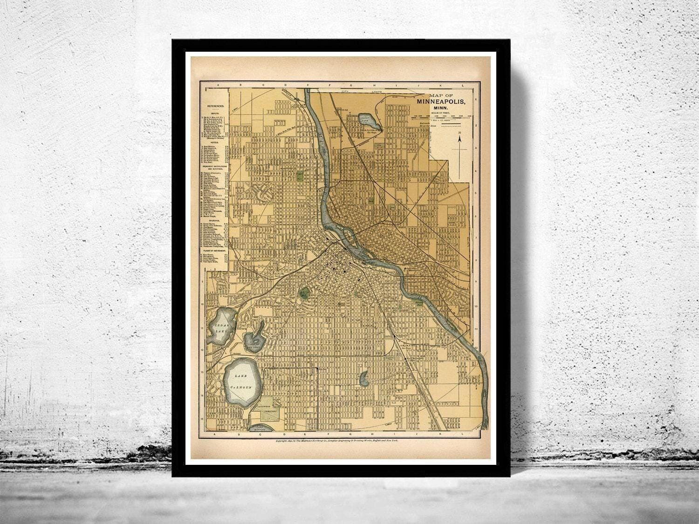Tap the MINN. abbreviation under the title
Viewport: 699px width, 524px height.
pos(440,109)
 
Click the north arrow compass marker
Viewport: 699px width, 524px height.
pos(459,154)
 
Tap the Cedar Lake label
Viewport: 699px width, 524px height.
pos(219,327)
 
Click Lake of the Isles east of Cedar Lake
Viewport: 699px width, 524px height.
pos(255,339)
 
